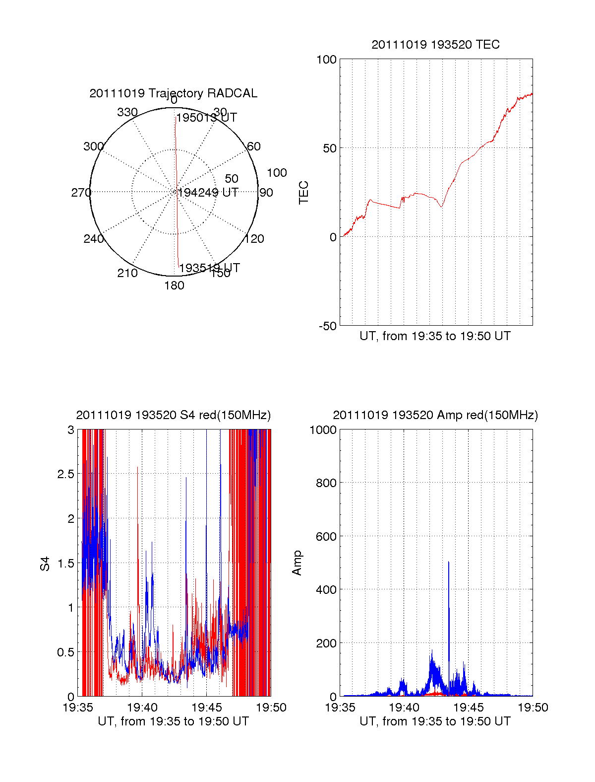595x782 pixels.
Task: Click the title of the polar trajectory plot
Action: (173, 93)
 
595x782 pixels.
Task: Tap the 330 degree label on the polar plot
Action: (127, 112)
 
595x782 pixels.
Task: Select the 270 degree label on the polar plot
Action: (81, 193)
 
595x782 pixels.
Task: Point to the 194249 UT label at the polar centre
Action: (208, 193)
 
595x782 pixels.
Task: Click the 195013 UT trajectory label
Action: (207, 118)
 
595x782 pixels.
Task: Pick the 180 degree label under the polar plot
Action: (174, 285)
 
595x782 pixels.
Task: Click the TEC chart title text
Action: (435, 45)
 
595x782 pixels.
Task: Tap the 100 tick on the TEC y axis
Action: (326, 60)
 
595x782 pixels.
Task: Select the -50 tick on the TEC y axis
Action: (327, 326)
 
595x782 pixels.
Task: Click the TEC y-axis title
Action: (303, 193)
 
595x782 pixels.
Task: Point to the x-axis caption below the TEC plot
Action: (435, 336)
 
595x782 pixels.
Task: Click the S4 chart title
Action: (173, 415)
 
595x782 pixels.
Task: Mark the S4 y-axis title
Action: (45, 564)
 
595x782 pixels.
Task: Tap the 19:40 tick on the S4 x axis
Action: (142, 708)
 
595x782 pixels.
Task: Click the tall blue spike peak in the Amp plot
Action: (449, 563)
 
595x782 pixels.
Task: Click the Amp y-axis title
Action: (297, 563)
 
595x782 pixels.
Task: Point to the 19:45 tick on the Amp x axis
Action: (469, 708)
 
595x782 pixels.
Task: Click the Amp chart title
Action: (435, 415)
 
